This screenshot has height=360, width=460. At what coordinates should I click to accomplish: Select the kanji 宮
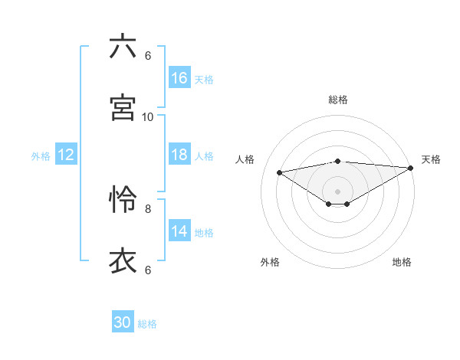click(x=123, y=107)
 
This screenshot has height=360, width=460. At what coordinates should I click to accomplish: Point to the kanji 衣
click(x=123, y=260)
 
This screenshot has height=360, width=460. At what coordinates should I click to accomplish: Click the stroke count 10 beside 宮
click(x=148, y=116)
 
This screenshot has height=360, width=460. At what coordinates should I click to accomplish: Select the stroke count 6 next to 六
click(x=148, y=55)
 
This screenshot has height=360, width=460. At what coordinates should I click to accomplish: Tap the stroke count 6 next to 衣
click(x=148, y=270)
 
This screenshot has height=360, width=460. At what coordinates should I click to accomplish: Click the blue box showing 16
click(x=179, y=78)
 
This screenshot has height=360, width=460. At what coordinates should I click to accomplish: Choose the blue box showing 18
click(x=179, y=155)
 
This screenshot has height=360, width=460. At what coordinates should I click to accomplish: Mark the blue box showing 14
click(x=179, y=231)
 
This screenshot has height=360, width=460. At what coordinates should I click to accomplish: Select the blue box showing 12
click(x=66, y=155)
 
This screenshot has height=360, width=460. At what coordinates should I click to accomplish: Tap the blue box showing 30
click(x=123, y=322)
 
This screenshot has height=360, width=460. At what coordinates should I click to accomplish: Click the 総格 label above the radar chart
click(x=338, y=100)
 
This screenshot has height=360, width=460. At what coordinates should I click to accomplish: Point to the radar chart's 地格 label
click(x=402, y=263)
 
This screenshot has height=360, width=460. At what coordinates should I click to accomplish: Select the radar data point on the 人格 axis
click(x=279, y=172)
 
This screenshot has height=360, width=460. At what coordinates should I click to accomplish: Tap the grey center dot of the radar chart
click(x=338, y=191)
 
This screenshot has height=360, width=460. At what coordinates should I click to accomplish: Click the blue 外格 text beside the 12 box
click(x=41, y=156)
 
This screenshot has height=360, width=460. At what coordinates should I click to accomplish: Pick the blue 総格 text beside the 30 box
click(x=147, y=324)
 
